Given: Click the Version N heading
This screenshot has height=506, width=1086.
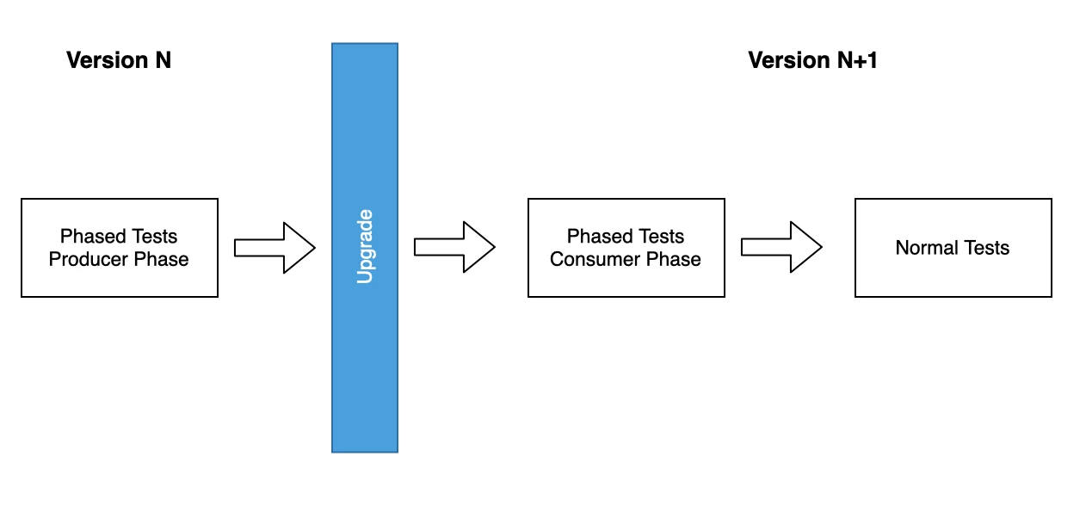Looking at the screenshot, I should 119,60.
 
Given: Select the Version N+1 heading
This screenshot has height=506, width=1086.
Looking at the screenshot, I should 812,60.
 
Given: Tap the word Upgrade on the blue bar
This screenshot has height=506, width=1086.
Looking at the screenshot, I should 365,246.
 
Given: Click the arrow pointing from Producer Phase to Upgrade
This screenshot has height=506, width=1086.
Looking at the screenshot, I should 275,248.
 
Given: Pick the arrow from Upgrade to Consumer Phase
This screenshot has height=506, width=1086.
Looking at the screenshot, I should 454,248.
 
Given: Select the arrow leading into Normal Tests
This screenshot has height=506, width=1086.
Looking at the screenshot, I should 781,248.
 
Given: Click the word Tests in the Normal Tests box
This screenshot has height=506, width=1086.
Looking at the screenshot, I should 986,248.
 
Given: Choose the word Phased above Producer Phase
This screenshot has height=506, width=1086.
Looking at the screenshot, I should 89,237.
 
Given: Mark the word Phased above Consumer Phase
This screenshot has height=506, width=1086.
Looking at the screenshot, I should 595,237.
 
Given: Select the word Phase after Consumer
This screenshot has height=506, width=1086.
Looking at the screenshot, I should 672,260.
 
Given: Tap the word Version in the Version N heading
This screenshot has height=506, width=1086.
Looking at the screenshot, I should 104,60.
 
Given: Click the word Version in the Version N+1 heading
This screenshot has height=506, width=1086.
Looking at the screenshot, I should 786,60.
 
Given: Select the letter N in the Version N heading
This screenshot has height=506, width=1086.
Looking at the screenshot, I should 162,60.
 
